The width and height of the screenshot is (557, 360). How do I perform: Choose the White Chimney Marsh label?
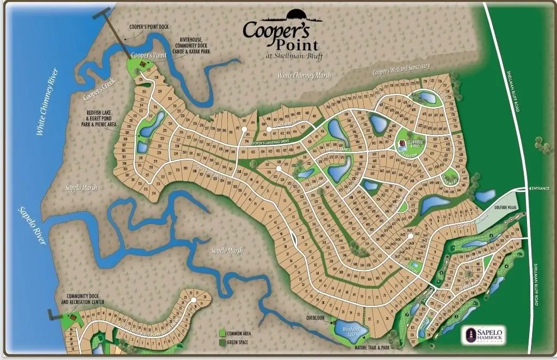coord(304,76)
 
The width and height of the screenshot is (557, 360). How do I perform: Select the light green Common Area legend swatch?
coord(222,332)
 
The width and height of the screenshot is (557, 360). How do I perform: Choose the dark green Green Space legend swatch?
coord(222,342)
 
